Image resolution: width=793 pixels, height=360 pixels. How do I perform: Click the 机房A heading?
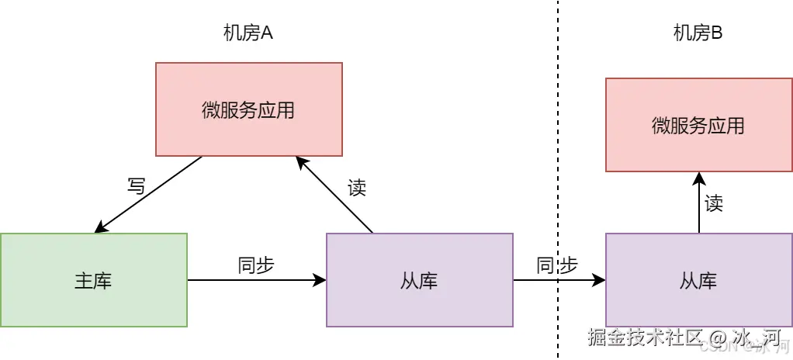(248, 33)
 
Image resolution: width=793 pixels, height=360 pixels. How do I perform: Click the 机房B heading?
(698, 33)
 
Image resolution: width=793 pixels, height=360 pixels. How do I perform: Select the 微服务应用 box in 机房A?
(248, 109)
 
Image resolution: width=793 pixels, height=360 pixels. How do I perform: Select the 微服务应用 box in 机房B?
(698, 125)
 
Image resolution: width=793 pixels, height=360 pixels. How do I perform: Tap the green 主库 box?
(93, 280)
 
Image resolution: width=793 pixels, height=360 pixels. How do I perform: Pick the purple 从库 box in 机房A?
(419, 280)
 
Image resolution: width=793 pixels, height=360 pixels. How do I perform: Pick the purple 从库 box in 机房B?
(698, 280)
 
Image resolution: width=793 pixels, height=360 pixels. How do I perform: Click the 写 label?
(136, 187)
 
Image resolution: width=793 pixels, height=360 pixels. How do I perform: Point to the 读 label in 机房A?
(356, 187)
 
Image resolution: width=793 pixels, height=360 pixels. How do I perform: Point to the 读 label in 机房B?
(714, 203)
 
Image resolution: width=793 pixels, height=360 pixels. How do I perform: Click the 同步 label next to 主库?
(256, 265)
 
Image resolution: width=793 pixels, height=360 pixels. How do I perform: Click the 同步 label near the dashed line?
(557, 265)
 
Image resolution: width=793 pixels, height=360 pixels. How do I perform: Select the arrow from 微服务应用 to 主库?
(147, 195)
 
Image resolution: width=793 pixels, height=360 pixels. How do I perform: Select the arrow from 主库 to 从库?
(256, 280)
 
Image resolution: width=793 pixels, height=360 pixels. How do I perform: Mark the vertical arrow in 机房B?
(698, 203)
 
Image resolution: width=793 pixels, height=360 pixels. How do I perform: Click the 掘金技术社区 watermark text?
(645, 337)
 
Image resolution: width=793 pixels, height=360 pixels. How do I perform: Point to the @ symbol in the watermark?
(717, 338)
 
